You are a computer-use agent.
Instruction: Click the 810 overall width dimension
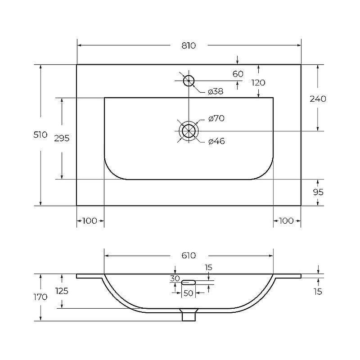[x=189, y=45]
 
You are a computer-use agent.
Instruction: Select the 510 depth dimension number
[x=40, y=135]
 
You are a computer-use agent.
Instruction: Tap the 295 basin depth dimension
[x=62, y=138]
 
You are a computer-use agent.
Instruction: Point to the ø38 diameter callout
[x=216, y=91]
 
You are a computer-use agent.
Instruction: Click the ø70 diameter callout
[x=216, y=118]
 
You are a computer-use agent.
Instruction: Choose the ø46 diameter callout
[x=216, y=141]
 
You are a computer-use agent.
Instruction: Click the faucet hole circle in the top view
[x=189, y=81]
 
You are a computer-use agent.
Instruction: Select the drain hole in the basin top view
[x=189, y=131]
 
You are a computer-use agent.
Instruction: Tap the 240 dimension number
[x=318, y=99]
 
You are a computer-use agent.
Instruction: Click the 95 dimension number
[x=318, y=192]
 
